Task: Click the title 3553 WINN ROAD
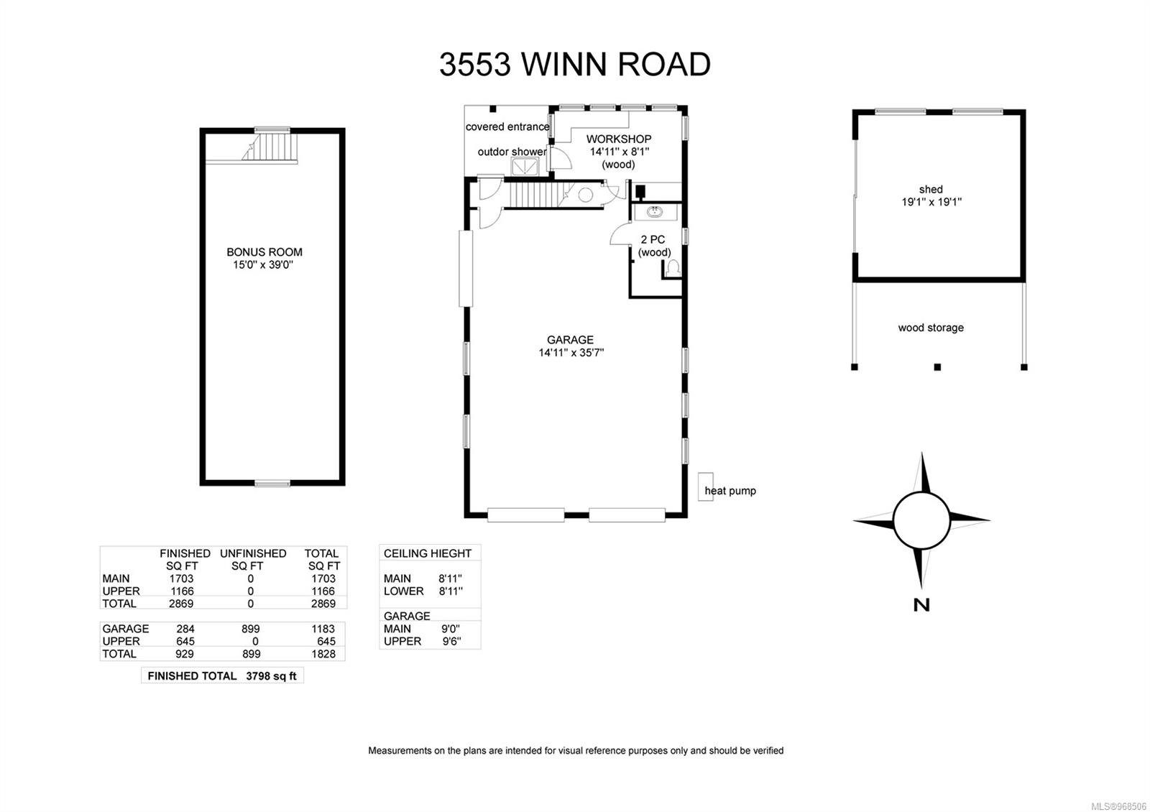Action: [575, 65]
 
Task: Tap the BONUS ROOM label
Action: [264, 252]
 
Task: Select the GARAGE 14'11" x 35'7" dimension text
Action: [571, 353]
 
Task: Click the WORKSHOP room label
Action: [618, 139]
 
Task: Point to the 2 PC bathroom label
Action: [653, 239]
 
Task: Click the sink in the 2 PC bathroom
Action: [655, 212]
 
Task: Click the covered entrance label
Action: [507, 127]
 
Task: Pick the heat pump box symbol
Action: [705, 486]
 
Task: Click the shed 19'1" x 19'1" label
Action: [931, 195]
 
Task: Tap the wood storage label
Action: [931, 328]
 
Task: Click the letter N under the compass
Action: [921, 605]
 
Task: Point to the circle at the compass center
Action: [921, 520]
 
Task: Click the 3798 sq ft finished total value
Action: [271, 676]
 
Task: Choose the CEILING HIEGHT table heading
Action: [428, 553]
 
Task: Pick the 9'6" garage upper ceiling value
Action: [451, 641]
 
